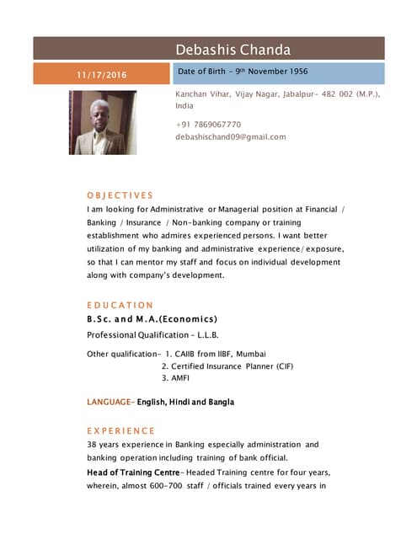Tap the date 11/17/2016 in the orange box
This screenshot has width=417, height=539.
(x=101, y=75)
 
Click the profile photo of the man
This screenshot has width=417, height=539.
(x=102, y=122)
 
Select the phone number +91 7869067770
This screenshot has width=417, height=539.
(x=208, y=125)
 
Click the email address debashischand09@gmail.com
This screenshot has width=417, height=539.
(x=230, y=136)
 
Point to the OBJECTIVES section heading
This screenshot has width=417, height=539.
(x=120, y=195)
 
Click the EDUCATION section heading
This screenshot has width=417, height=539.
(x=120, y=305)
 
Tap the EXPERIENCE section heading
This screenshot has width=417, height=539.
(x=120, y=431)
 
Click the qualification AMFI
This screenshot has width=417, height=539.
(x=179, y=379)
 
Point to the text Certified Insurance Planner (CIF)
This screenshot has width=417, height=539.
(x=232, y=367)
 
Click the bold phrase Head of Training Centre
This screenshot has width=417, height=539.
(x=133, y=472)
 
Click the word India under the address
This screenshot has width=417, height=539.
(x=184, y=107)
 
